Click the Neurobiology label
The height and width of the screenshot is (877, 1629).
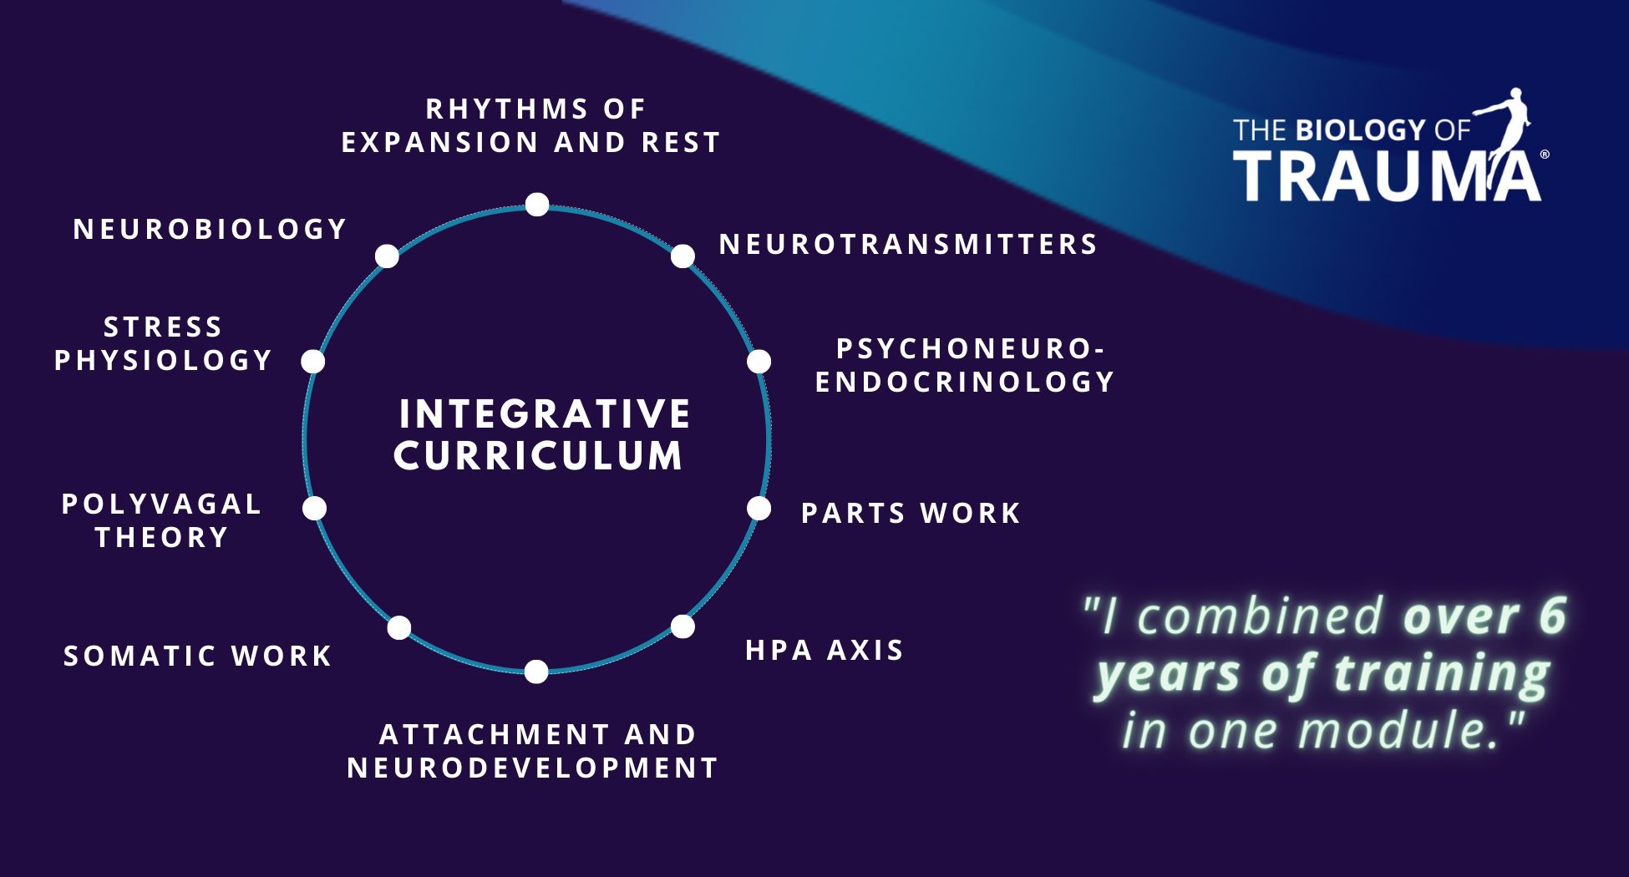[210, 229]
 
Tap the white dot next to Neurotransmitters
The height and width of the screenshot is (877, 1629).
[683, 256]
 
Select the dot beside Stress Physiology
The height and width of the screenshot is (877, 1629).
[312, 362]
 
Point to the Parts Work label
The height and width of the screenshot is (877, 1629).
[911, 513]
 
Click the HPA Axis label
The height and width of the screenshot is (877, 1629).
[825, 650]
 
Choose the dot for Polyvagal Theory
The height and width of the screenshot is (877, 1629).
[314, 508]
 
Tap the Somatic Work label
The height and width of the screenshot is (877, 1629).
[198, 656]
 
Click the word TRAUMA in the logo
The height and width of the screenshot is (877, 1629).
[1387, 175]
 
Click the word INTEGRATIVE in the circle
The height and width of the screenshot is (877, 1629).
[545, 414]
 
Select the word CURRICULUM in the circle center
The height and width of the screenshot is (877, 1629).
[539, 456]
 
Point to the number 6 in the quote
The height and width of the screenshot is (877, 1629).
[1551, 616]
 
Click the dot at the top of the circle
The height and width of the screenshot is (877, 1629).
[537, 205]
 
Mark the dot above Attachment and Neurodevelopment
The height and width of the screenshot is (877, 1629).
[536, 671]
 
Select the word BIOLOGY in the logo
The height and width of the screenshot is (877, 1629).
[1360, 129]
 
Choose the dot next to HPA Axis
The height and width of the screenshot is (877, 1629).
[683, 626]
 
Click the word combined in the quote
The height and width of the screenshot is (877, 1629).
[1261, 616]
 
